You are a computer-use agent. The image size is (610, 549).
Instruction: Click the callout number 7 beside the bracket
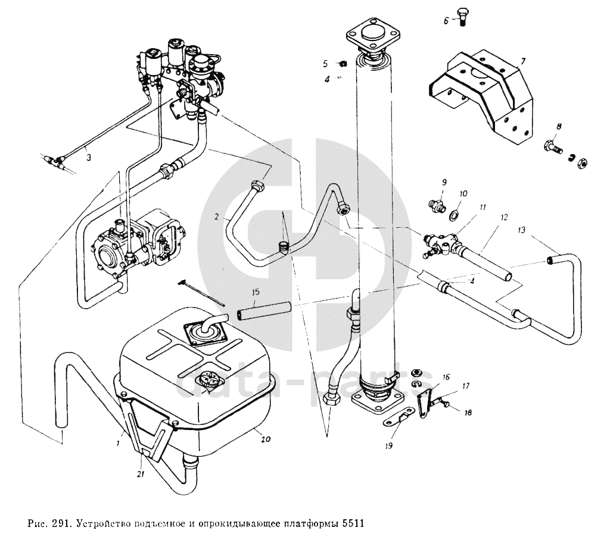(522, 61)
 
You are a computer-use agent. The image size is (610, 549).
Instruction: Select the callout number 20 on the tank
(266, 440)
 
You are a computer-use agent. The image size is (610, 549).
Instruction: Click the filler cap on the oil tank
(209, 380)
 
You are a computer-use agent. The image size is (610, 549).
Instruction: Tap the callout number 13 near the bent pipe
(522, 229)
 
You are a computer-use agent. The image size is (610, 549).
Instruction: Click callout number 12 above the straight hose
(504, 218)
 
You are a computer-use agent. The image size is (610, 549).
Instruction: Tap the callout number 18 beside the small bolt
(466, 412)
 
